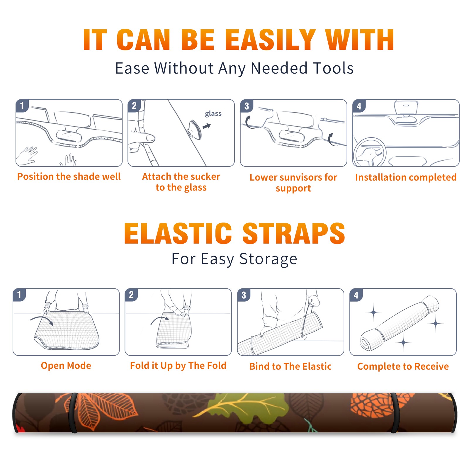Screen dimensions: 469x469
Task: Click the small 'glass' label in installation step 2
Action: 213,113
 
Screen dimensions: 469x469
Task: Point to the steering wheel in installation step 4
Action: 370,152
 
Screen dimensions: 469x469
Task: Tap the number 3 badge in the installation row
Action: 247,106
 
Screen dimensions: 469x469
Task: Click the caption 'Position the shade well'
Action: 69,176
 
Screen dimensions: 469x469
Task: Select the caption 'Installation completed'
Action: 406,177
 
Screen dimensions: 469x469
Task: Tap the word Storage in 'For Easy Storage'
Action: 268,259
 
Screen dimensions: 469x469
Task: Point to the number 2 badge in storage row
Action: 131,295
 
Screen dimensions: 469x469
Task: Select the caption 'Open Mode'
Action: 66,366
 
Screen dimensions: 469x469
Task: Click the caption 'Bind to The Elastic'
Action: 290,366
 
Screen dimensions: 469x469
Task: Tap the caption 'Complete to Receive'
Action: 403,366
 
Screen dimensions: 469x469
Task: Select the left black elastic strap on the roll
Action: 73,413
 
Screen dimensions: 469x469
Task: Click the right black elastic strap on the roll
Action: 396,413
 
